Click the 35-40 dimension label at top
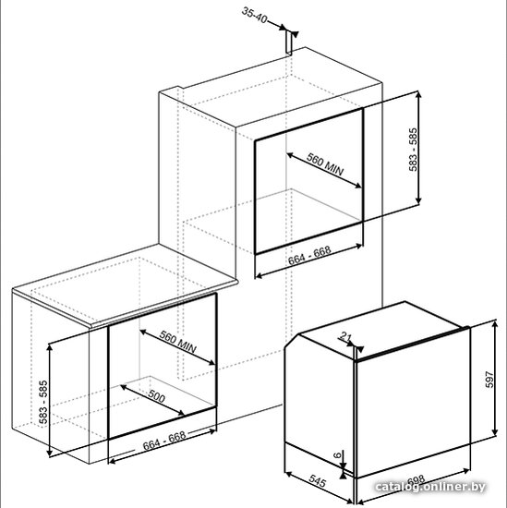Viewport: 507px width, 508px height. [254, 16]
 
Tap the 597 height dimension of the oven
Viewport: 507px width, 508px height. [489, 379]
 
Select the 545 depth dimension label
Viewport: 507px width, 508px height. [317, 481]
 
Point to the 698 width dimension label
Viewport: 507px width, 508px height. [416, 480]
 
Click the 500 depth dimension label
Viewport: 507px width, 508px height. [157, 396]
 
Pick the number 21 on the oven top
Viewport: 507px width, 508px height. [345, 337]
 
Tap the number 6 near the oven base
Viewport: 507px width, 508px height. [338, 455]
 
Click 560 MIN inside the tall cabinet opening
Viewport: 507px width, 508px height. [325, 163]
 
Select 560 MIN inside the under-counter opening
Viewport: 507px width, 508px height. [178, 342]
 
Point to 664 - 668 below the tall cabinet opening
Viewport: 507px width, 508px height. [309, 255]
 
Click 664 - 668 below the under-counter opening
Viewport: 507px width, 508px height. [164, 441]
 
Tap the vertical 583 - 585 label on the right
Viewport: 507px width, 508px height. [413, 150]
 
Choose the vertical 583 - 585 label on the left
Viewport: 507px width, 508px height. [43, 402]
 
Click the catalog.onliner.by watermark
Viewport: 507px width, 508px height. [430, 487]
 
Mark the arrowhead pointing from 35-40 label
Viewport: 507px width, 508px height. [283, 27]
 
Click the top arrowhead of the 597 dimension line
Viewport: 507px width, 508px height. [495, 324]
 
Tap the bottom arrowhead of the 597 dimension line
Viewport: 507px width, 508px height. [495, 431]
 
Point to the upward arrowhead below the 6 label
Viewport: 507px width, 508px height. [344, 475]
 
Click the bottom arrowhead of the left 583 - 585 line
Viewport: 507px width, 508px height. [49, 452]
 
